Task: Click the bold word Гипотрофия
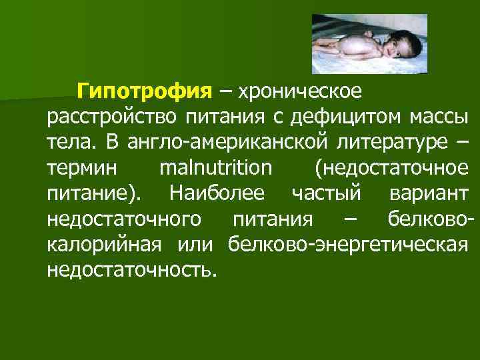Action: pyautogui.click(x=144, y=91)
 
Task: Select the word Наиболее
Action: pyautogui.click(x=217, y=193)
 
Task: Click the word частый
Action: pyautogui.click(x=327, y=193)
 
